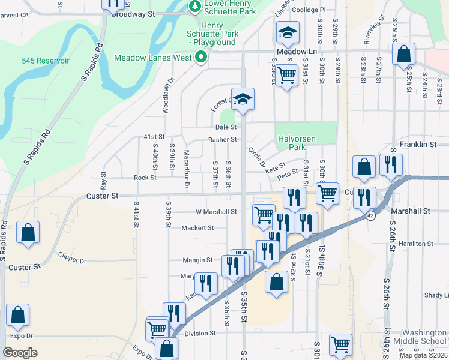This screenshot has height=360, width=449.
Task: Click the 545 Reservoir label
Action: point(46,61)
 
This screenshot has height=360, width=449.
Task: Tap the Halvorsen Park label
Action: point(297,143)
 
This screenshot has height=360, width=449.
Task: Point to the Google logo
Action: point(20,353)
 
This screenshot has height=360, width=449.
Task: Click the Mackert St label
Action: point(197,228)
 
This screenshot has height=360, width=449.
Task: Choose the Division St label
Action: point(200,333)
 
